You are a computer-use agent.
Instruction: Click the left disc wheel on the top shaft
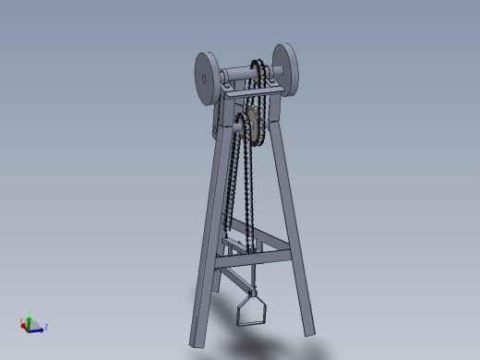(x=205, y=78)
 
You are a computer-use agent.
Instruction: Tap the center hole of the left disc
(x=203, y=78)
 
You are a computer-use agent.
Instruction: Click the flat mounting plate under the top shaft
(x=242, y=93)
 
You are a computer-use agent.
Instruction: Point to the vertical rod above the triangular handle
(x=249, y=282)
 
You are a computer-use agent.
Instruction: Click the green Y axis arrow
(x=29, y=317)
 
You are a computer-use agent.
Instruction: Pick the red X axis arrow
(x=23, y=323)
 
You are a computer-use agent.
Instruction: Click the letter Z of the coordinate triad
(x=46, y=327)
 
